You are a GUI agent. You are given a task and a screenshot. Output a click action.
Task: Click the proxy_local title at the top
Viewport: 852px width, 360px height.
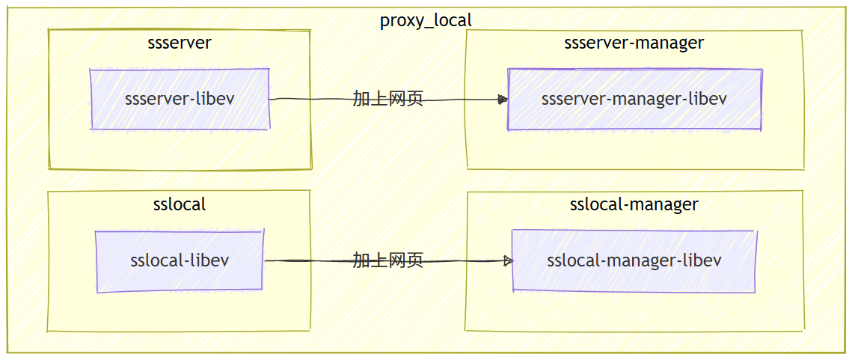point(426,20)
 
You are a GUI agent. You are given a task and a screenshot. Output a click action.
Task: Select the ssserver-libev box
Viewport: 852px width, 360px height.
point(180,99)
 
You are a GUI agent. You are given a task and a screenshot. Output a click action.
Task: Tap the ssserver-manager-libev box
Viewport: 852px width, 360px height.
point(634,99)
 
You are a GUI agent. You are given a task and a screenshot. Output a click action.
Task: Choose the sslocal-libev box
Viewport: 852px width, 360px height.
point(180,260)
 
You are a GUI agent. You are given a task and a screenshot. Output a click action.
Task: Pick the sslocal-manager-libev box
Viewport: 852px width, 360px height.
point(634,260)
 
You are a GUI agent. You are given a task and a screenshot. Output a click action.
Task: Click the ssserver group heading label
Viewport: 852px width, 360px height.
point(180,42)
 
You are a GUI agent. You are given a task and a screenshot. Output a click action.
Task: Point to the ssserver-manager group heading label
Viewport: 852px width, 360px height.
point(634,42)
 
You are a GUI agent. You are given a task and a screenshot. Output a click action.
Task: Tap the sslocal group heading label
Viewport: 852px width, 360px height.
point(179,204)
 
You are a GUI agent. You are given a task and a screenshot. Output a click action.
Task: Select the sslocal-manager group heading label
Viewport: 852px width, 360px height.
point(634,204)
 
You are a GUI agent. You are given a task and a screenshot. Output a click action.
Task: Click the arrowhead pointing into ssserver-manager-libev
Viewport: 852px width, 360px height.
point(503,100)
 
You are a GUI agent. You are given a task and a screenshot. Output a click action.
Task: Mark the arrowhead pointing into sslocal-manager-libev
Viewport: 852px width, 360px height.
point(508,261)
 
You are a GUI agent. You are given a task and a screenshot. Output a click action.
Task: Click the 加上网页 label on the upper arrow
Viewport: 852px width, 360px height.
point(388,99)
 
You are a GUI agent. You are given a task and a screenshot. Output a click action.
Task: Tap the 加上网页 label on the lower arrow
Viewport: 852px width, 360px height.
point(388,260)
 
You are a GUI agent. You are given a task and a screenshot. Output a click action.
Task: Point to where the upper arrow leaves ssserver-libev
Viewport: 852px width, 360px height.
point(271,99)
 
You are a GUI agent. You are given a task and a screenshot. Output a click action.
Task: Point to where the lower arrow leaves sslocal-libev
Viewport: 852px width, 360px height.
point(265,260)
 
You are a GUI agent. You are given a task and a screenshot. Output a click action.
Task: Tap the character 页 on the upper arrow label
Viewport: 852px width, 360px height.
point(415,99)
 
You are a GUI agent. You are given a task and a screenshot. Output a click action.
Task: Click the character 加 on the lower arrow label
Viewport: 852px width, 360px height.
point(361,260)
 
